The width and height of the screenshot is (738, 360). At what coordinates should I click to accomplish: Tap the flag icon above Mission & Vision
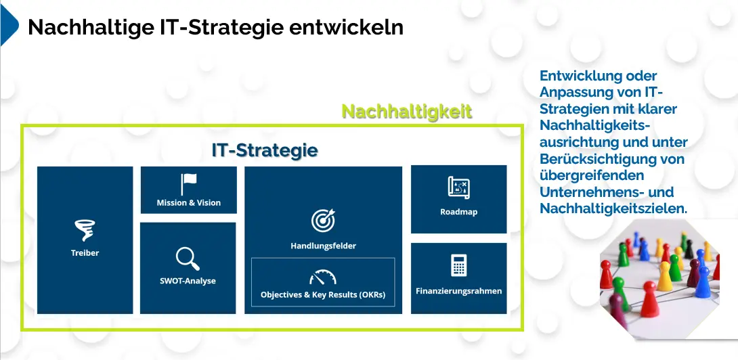coord(188,185)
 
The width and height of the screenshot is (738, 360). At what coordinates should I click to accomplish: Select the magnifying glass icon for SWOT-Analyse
coord(188,258)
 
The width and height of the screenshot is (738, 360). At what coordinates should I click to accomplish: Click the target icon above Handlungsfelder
coord(323,220)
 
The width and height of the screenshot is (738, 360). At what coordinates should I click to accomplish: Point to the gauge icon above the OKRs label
coord(323,277)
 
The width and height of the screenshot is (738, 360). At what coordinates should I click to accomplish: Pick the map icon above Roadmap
coord(459,187)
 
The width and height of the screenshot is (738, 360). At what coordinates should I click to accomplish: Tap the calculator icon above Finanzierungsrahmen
coord(458,265)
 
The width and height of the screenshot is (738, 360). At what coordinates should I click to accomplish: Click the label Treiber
coord(85,252)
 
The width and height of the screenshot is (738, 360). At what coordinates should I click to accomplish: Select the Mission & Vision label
coord(189,203)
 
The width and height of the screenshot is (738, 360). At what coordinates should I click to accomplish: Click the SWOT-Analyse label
coord(188,281)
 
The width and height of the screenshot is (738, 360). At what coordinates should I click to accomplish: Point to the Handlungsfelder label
coord(324,246)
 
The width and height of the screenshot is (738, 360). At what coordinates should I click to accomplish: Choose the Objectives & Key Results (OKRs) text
coord(323,296)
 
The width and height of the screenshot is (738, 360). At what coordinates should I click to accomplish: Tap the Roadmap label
coord(459,212)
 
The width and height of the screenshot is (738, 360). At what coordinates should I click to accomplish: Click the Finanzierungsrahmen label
coord(459,291)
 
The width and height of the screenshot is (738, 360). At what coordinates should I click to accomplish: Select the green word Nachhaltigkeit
coord(407,111)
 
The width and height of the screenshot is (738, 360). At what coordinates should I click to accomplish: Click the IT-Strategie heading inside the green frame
coord(265,150)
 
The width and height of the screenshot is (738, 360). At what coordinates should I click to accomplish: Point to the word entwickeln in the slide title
coord(347,27)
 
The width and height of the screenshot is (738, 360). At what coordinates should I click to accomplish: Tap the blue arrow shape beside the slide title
coord(9,24)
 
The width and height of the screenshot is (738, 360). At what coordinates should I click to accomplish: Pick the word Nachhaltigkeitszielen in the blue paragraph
coord(613,208)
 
